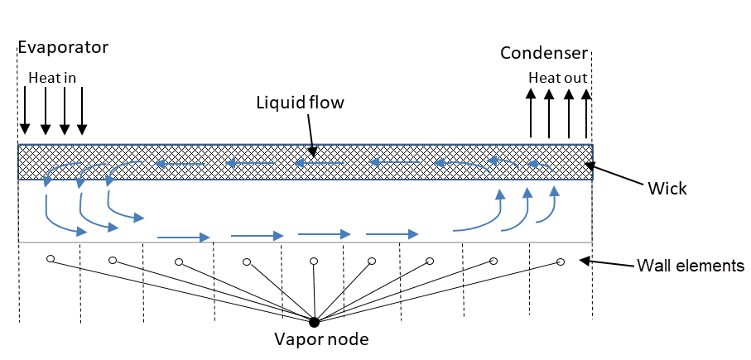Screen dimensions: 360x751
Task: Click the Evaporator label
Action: click(63, 47)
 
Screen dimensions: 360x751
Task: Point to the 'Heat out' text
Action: click(559, 78)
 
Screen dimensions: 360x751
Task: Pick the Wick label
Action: click(668, 189)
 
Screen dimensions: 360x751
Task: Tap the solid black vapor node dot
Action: click(314, 321)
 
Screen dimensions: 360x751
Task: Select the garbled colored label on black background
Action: click(691, 266)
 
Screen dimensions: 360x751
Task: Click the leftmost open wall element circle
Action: click(51, 260)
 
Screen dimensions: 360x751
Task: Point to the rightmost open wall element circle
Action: click(561, 262)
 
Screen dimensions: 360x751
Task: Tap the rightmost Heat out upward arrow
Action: click(586, 114)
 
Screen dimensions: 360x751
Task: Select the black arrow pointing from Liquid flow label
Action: click(310, 132)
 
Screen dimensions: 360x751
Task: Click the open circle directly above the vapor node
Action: click(314, 262)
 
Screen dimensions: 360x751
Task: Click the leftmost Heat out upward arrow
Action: click(532, 114)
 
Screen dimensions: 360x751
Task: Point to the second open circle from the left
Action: click(113, 262)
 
